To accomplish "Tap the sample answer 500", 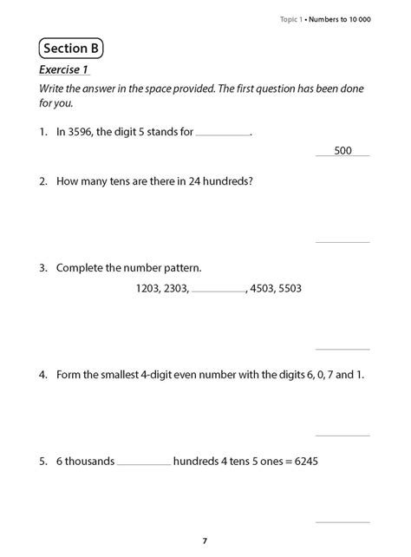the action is [x=342, y=151].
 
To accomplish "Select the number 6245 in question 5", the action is [x=304, y=461].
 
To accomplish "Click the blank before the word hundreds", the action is [x=144, y=463].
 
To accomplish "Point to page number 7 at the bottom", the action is [x=205, y=541].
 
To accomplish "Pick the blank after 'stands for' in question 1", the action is [x=222, y=135].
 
